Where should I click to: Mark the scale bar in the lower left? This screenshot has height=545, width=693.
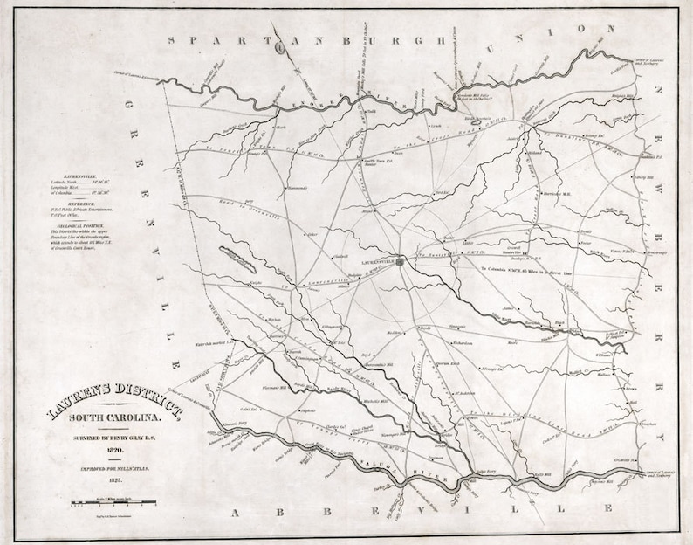pos(114,503)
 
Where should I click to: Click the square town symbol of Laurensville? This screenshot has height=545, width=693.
pos(401,260)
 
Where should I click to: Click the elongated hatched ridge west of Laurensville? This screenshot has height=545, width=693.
pos(237,259)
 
